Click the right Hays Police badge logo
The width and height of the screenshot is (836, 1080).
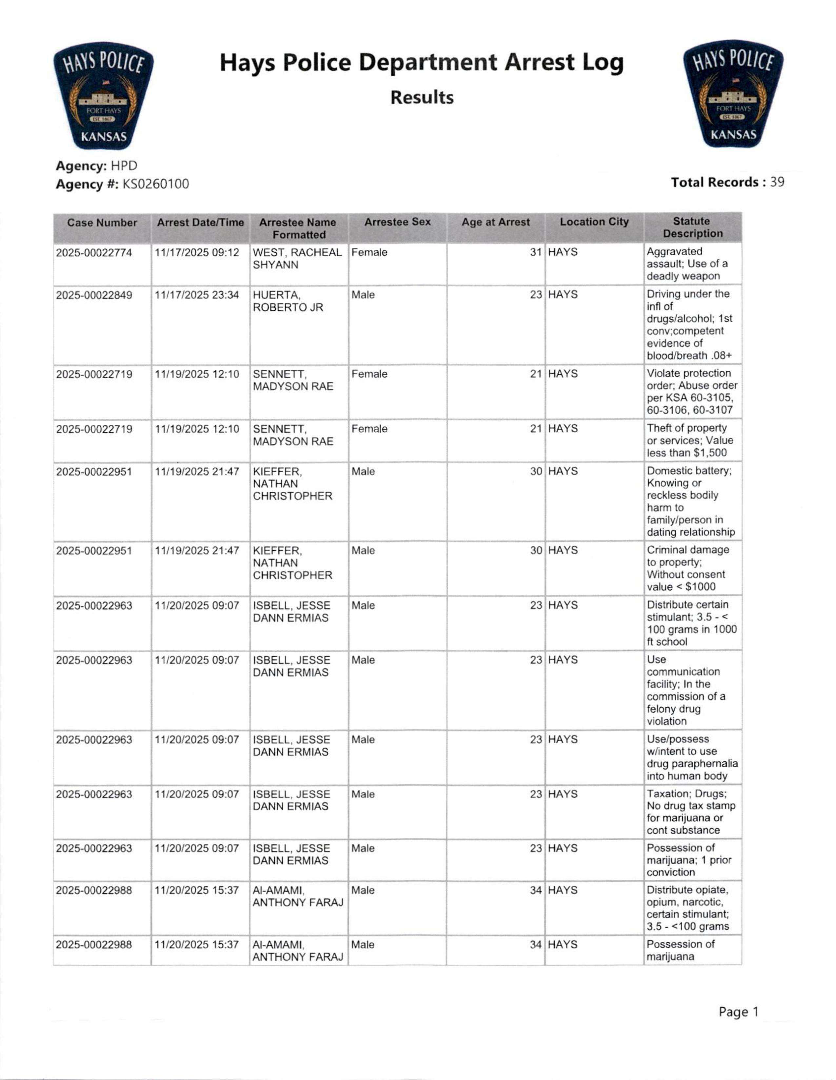tap(733, 94)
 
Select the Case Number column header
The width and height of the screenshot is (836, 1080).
tap(102, 223)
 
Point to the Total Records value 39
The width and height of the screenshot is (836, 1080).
tap(777, 183)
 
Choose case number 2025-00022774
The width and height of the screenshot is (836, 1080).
tap(94, 253)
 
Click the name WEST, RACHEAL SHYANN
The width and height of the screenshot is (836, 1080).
tap(297, 259)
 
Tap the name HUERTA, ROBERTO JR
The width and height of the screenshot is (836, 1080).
tap(288, 301)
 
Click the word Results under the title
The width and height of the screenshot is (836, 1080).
tap(422, 97)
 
